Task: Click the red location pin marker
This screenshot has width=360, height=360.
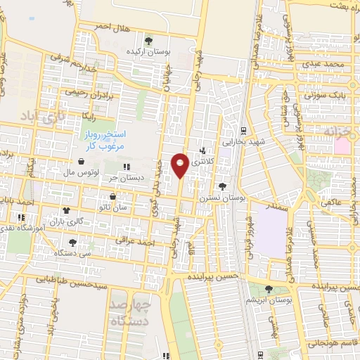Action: tap(181, 164)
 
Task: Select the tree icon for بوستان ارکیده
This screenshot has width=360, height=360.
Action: tap(148, 39)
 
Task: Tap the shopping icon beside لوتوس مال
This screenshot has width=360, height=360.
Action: tap(82, 161)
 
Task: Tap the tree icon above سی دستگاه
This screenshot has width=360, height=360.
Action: tap(73, 243)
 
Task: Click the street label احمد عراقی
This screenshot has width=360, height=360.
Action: tap(136, 243)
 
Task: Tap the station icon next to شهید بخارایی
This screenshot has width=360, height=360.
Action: tap(243, 130)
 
